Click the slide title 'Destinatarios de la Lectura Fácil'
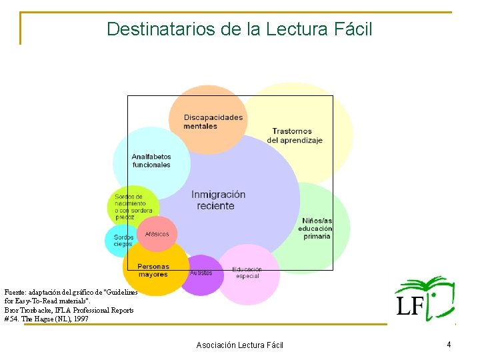tap(239, 29)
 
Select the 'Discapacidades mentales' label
tap(213, 121)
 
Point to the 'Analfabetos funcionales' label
tap(151, 161)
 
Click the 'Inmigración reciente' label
tap(218, 200)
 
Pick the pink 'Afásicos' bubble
tap(157, 234)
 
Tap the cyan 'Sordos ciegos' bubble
tap(122, 241)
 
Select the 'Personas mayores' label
tap(153, 270)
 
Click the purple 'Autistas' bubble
tap(201, 275)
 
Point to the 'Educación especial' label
tap(247, 273)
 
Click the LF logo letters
tap(410, 306)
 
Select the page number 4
tap(449, 345)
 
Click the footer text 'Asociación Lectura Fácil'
tap(239, 345)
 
